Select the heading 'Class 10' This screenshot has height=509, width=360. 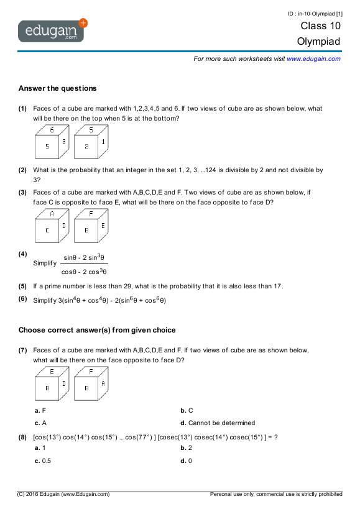click(x=320, y=26)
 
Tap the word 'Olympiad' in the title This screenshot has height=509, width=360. click(x=319, y=42)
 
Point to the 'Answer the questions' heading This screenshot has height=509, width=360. click(x=57, y=88)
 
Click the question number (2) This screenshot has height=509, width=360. click(x=22, y=170)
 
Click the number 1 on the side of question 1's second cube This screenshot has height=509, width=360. click(x=103, y=142)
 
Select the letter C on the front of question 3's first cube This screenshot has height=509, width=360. click(x=47, y=230)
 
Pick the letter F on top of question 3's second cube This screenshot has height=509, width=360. click(x=91, y=214)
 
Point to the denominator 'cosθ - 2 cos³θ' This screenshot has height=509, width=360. click(x=85, y=271)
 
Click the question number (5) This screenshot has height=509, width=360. click(x=22, y=287)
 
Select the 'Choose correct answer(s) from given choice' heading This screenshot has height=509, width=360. click(x=97, y=330)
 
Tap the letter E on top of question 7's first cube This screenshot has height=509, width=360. click(x=52, y=372)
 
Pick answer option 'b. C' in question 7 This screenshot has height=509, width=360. click(x=187, y=410)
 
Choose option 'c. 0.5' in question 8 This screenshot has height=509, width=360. click(x=43, y=461)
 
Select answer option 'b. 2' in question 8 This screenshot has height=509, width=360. click(x=187, y=447)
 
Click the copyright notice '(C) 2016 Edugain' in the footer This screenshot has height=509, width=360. click(x=63, y=494)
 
